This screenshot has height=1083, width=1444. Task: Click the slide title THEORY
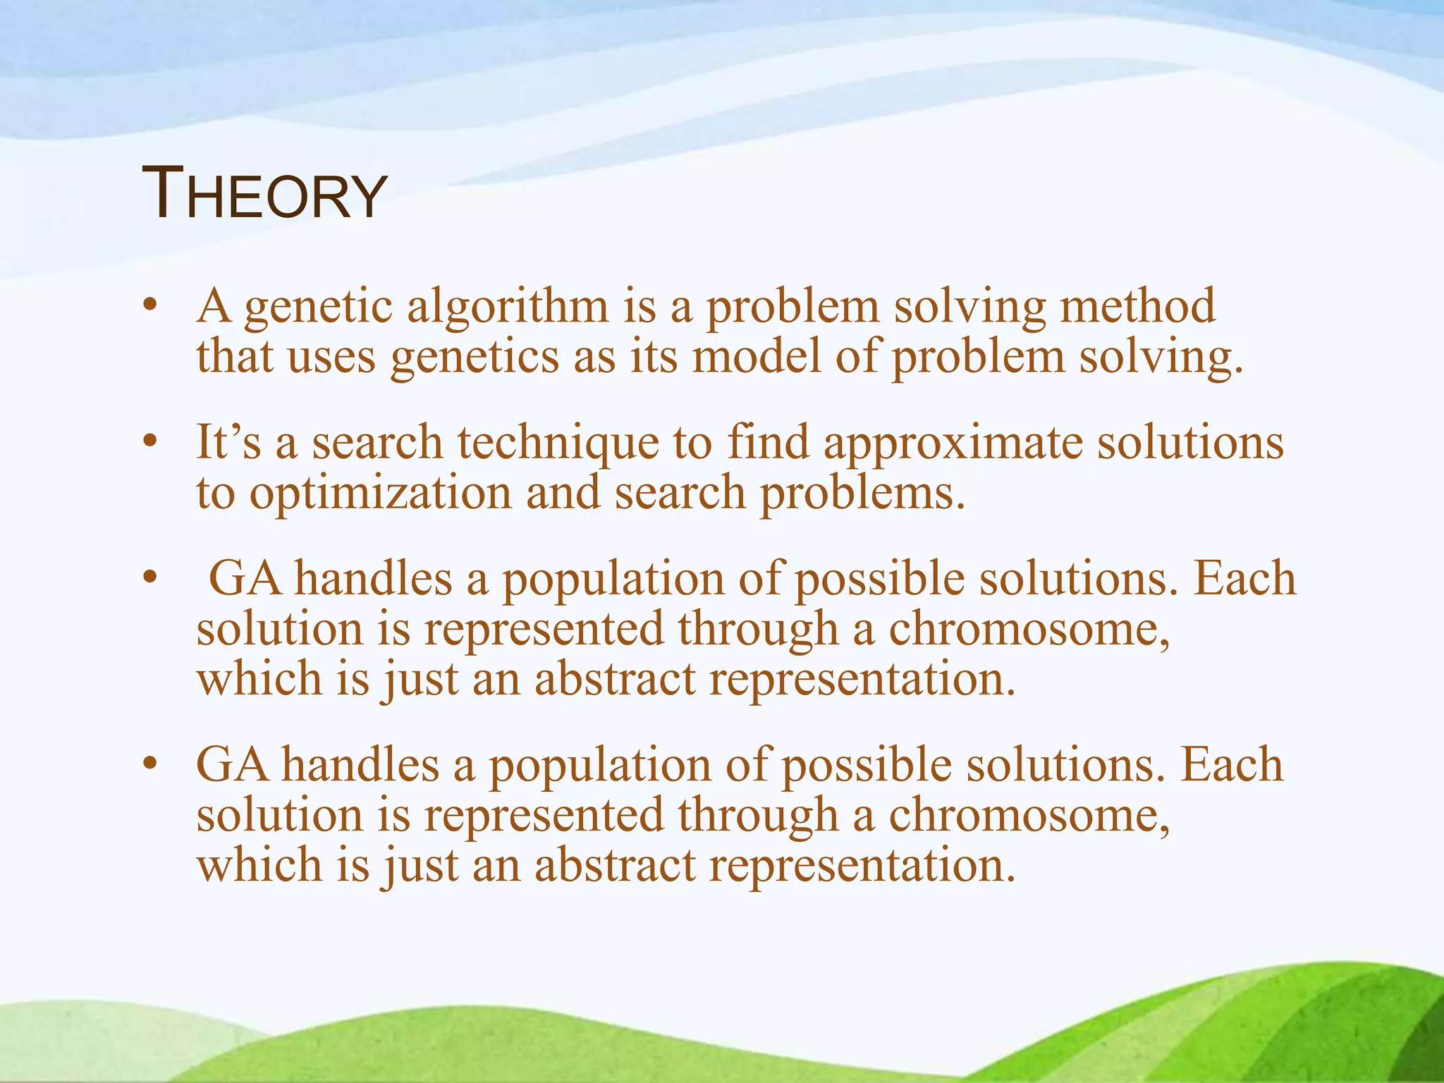(x=264, y=193)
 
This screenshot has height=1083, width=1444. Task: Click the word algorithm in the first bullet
(x=507, y=307)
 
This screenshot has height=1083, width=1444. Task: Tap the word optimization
(x=380, y=494)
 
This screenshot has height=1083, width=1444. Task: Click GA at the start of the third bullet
(x=245, y=579)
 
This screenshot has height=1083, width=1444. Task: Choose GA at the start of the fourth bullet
(x=232, y=765)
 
